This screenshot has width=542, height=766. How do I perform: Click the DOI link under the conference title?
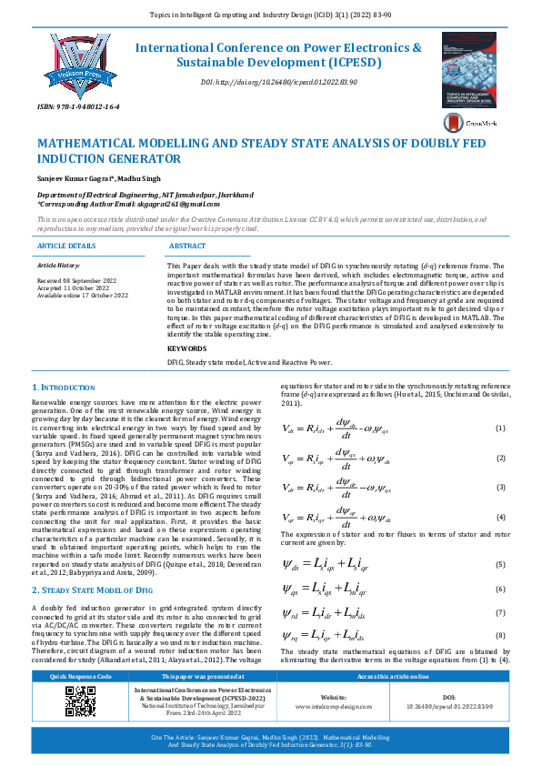click(x=278, y=82)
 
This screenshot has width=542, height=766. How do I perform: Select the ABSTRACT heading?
click(x=187, y=246)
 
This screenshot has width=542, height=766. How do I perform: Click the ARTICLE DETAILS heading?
click(x=65, y=246)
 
